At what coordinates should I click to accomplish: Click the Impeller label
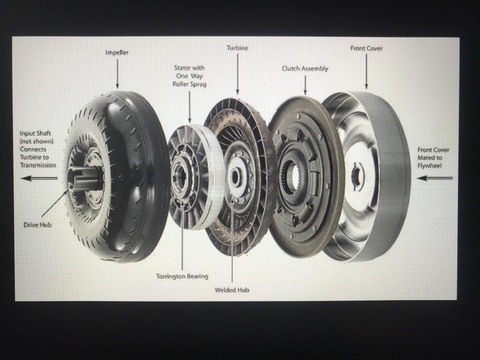coord(117,53)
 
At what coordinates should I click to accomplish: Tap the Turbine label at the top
coord(237,48)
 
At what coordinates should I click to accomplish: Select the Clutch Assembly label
coord(305,69)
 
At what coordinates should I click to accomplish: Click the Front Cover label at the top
coord(366,48)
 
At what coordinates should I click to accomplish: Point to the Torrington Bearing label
coord(182,276)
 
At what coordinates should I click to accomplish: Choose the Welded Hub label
coord(232,290)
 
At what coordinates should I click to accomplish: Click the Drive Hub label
coord(37,225)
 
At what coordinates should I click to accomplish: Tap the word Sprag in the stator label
coord(198,84)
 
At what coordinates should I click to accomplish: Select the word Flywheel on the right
coord(430,166)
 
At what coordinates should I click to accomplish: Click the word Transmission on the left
coord(38,165)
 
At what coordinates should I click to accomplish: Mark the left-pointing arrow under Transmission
coord(39,178)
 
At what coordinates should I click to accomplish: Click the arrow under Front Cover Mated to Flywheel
coord(435,178)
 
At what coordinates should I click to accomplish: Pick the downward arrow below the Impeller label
coord(117,74)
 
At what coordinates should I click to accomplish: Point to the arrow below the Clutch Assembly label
coord(305,85)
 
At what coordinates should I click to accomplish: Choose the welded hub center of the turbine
coord(235,178)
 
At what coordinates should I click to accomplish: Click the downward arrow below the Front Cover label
coord(366,71)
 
